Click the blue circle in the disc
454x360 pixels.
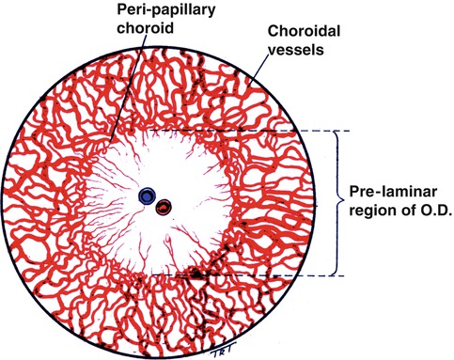point(147,196)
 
